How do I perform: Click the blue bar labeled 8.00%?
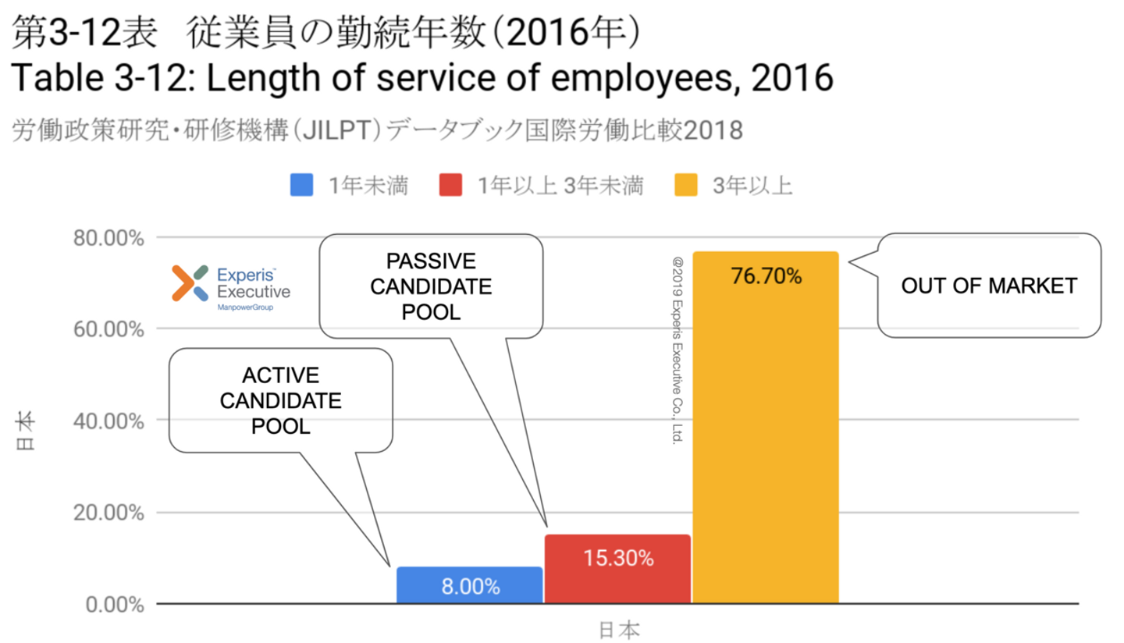(x=469, y=585)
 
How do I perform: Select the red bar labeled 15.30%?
(x=617, y=570)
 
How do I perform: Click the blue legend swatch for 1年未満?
(x=301, y=186)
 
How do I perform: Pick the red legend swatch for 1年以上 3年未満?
(x=450, y=186)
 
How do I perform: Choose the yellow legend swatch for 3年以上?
(x=685, y=186)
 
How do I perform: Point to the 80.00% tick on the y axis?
(x=109, y=237)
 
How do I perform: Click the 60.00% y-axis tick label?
(x=109, y=329)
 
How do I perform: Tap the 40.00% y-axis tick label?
(x=109, y=421)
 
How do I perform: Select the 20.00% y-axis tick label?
(x=109, y=513)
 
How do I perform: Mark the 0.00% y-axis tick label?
(x=114, y=605)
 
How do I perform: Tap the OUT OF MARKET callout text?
(x=989, y=286)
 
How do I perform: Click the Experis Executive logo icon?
(x=190, y=282)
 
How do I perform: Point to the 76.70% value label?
(x=766, y=276)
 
